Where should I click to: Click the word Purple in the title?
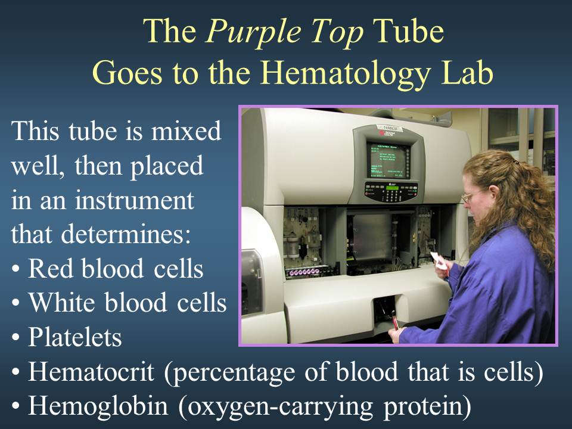(x=254, y=32)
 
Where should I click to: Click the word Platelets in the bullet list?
(x=75, y=337)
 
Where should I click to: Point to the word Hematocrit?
(x=91, y=371)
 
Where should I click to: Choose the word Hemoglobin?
(x=98, y=406)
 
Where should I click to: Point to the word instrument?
(x=135, y=200)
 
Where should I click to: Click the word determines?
(x=126, y=234)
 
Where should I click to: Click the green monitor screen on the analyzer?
(x=388, y=160)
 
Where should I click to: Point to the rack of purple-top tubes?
(x=303, y=272)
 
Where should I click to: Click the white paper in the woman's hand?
(x=439, y=260)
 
